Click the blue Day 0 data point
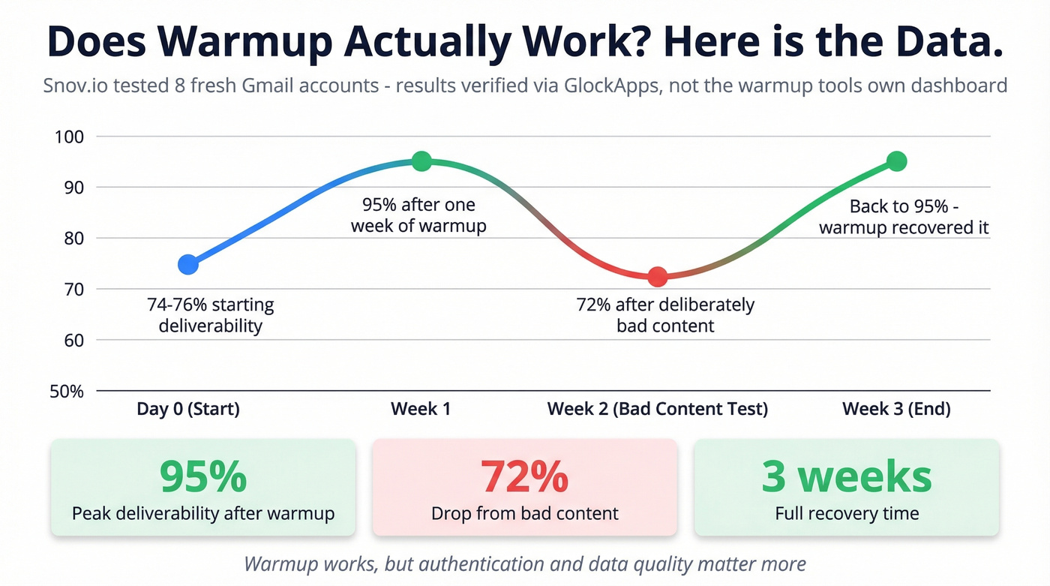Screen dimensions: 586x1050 pyautogui.click(x=188, y=264)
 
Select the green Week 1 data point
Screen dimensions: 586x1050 pyautogui.click(x=421, y=161)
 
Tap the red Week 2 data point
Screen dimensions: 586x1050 pyautogui.click(x=657, y=277)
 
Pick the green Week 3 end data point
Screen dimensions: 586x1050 pyautogui.click(x=897, y=161)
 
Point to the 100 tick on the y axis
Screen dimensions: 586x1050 pyautogui.click(x=70, y=137)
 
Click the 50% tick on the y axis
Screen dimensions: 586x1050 pyautogui.click(x=67, y=391)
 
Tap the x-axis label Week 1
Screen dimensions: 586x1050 pyautogui.click(x=421, y=409)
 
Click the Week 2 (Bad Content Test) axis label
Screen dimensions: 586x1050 pyautogui.click(x=657, y=409)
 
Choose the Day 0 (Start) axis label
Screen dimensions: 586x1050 pyautogui.click(x=188, y=409)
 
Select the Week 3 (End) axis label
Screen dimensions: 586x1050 pyautogui.click(x=896, y=409)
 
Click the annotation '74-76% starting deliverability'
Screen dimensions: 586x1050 pyautogui.click(x=211, y=315)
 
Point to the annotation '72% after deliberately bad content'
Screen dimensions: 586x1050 pyautogui.click(x=665, y=315)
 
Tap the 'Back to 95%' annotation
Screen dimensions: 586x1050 pyautogui.click(x=904, y=217)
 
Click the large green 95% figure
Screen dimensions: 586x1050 pyautogui.click(x=203, y=475)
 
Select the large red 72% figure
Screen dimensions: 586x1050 pyautogui.click(x=524, y=475)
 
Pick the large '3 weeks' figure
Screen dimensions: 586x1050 pyautogui.click(x=847, y=475)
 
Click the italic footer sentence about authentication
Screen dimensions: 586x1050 pyautogui.click(x=525, y=563)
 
